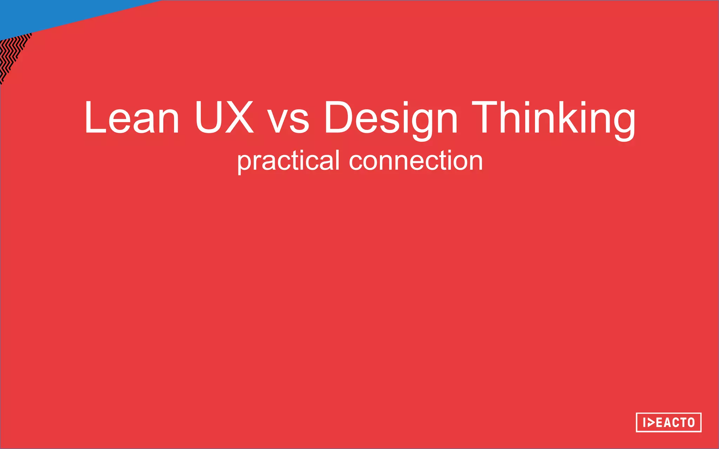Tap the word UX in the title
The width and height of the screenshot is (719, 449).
pyautogui.click(x=224, y=117)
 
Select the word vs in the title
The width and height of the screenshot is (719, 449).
pyautogui.click(x=288, y=121)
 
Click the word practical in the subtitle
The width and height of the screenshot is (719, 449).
pyautogui.click(x=288, y=161)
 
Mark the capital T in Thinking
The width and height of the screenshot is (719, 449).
pyautogui.click(x=487, y=117)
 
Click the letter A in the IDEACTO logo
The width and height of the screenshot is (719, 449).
pyautogui.click(x=667, y=422)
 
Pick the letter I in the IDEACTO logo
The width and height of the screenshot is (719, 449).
pyautogui.click(x=644, y=422)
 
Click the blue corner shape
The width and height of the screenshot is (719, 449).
pyautogui.click(x=53, y=14)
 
